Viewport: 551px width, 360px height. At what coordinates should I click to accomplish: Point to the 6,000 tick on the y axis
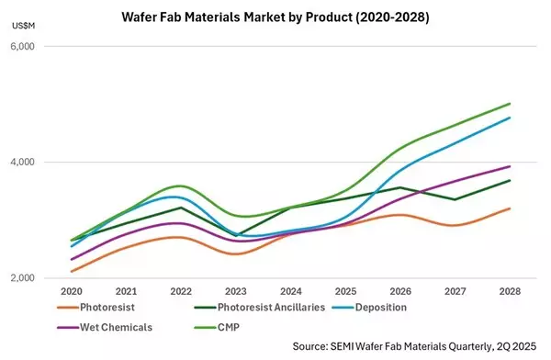coord(34,46)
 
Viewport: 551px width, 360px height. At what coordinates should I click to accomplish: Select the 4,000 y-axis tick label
coord(34,163)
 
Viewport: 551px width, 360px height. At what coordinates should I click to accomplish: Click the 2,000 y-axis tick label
coord(34,278)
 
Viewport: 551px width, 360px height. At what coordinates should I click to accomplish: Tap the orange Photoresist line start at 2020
coord(73,271)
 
